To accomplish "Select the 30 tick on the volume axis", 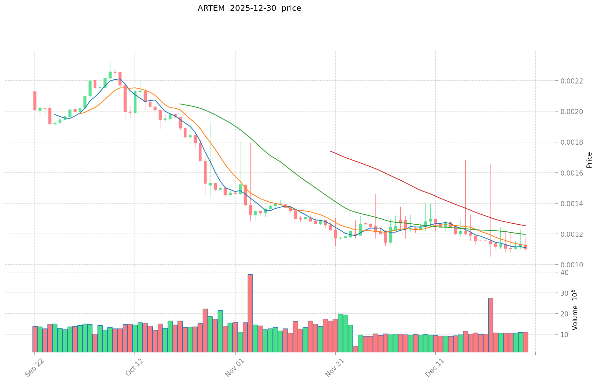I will (564, 293).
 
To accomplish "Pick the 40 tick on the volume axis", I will (564, 272).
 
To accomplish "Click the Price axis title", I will (589, 160).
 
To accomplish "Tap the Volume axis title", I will (575, 310).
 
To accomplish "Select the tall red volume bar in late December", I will (491, 325).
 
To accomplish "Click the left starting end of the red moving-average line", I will (330, 151).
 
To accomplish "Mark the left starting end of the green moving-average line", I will (180, 104).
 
